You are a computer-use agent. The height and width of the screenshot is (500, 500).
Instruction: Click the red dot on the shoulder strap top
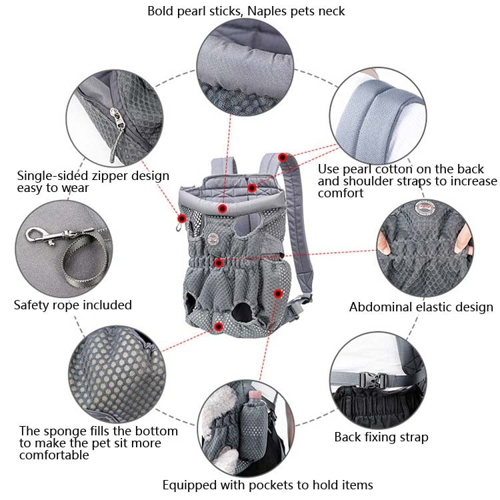tap(283, 157)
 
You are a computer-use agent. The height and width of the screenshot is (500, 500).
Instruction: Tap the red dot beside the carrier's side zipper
tap(181, 218)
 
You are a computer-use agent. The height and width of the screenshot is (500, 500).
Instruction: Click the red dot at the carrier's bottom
tap(219, 326)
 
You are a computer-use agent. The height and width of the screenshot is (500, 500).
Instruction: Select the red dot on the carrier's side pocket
tap(278, 293)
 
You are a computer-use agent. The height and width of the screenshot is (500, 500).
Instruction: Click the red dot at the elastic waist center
tap(218, 263)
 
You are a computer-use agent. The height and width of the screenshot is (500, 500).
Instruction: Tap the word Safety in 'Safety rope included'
tap(33, 305)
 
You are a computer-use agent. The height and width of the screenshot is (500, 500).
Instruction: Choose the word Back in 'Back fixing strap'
tap(349, 437)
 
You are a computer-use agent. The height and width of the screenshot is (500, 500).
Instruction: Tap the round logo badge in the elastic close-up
tap(420, 205)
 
